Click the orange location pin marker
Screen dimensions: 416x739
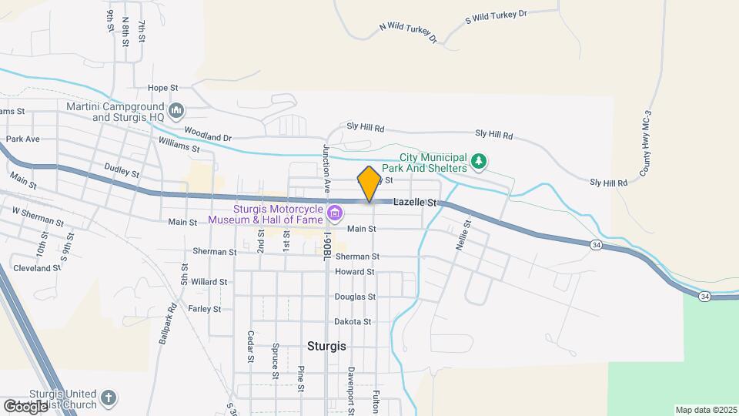click(x=369, y=184)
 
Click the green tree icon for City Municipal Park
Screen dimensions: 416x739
click(x=480, y=160)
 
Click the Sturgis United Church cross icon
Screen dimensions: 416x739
click(x=109, y=398)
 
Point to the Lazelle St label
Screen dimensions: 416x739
click(x=415, y=203)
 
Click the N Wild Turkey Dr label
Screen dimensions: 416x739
click(x=408, y=32)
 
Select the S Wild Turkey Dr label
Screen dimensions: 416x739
click(x=497, y=15)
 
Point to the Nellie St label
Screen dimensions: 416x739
click(x=466, y=234)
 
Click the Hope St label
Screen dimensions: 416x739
click(x=162, y=88)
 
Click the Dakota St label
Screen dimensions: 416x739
click(x=353, y=321)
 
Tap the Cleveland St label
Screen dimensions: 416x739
click(x=37, y=268)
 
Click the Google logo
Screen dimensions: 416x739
click(x=25, y=406)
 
